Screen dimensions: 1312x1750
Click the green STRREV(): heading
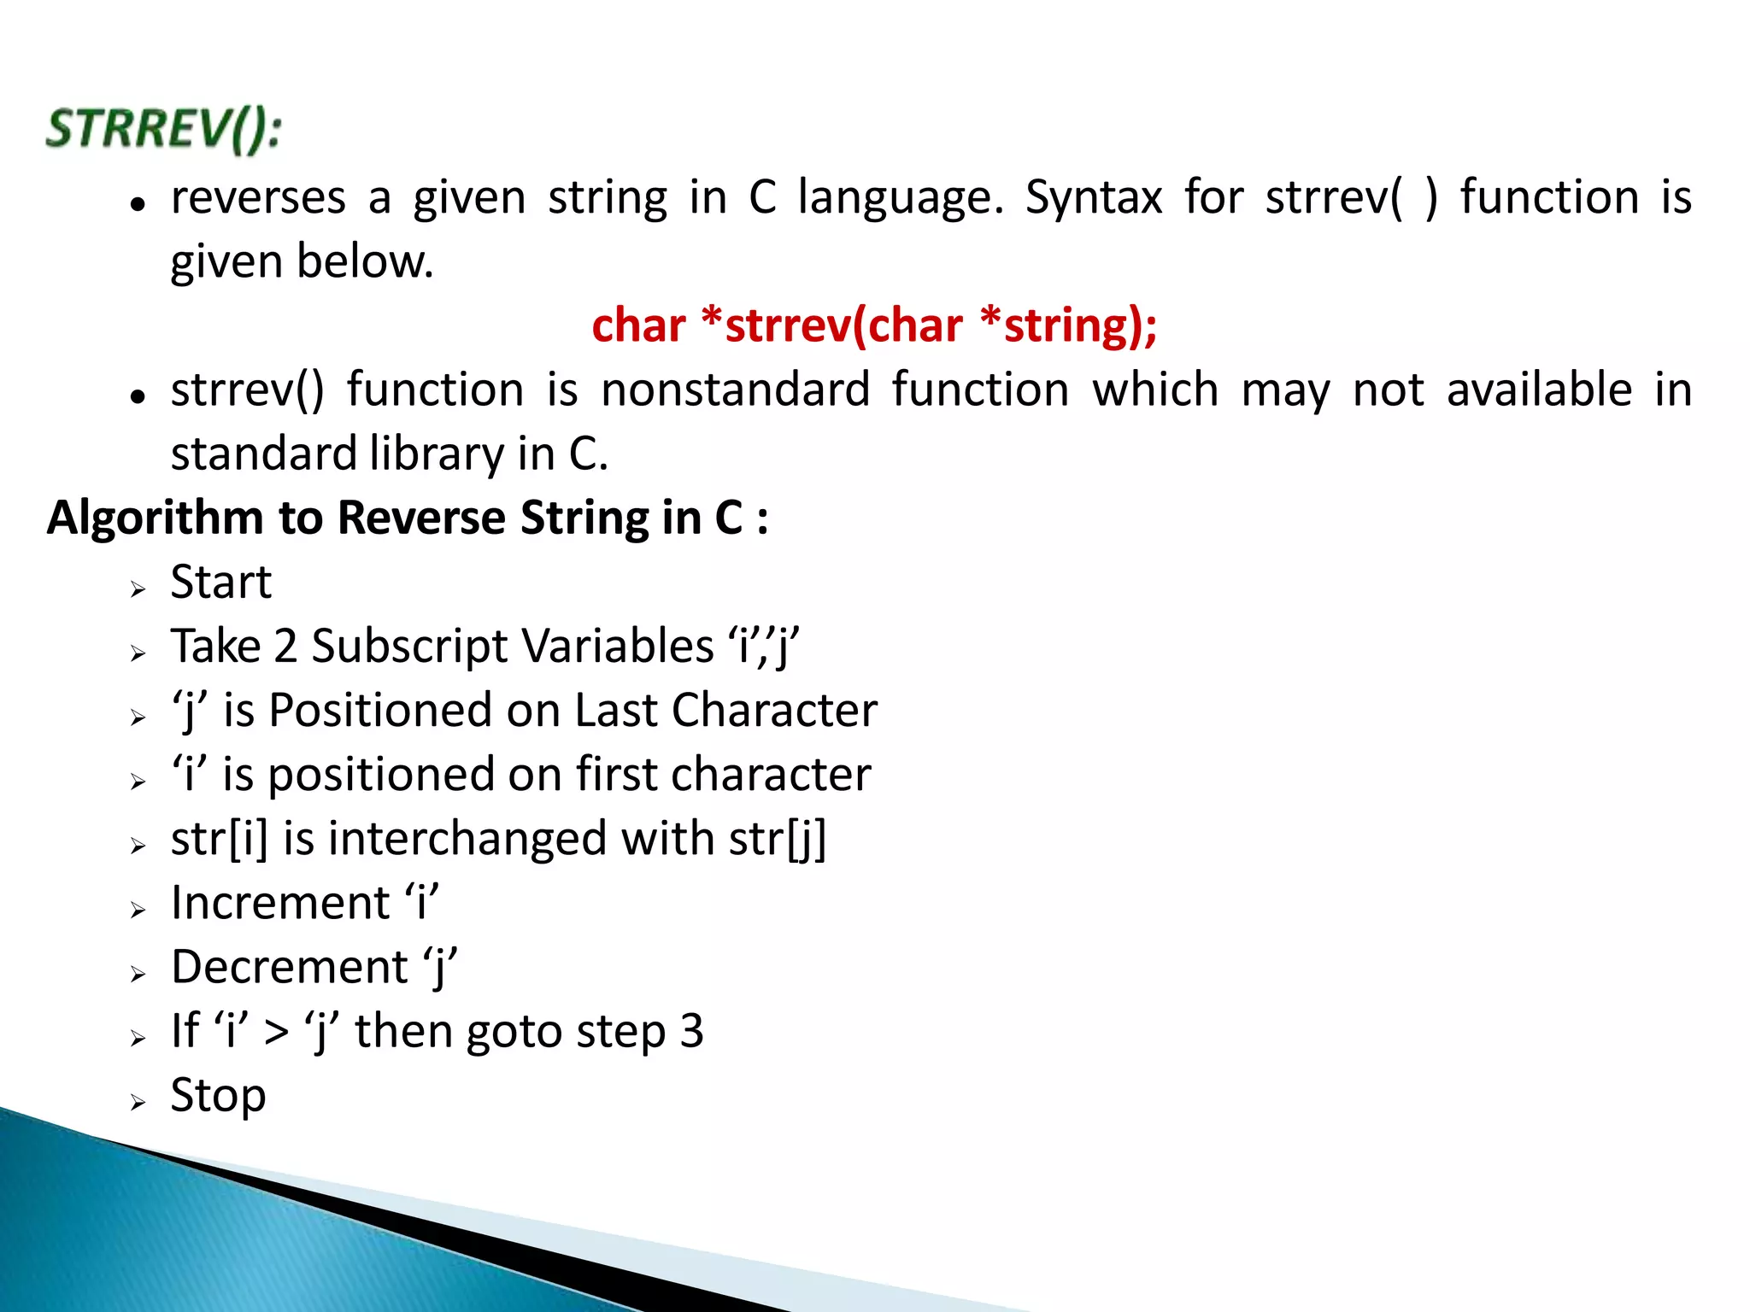pos(163,130)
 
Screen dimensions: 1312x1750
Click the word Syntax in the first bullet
pos(1094,198)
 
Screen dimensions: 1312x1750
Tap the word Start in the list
pos(220,582)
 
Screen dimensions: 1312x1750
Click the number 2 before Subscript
pos(285,646)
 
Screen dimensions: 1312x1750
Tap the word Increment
pos(280,903)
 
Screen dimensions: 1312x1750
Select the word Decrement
pos(290,967)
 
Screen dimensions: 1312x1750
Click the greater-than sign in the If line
pos(276,1032)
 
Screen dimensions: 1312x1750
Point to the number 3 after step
pos(691,1031)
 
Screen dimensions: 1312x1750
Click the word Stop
pos(218,1095)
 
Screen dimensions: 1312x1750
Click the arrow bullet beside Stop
pos(138,1103)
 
